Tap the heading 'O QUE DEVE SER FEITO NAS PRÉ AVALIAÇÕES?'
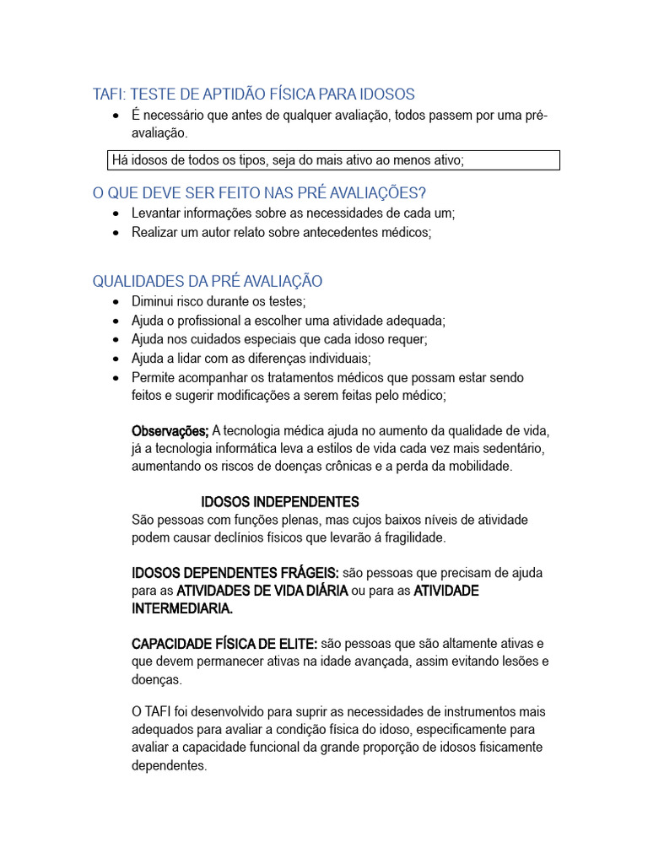coord(260,193)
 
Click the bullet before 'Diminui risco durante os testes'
coord(116,302)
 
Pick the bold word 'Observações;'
coord(170,430)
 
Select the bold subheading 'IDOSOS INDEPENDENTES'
coord(280,502)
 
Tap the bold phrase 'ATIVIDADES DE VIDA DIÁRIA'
coord(262,591)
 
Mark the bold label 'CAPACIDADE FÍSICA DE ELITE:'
coord(224,644)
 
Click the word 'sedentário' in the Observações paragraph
coord(516,448)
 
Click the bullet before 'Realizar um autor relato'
coord(116,233)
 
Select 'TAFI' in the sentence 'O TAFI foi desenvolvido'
coord(160,711)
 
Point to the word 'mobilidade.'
coord(481,467)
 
